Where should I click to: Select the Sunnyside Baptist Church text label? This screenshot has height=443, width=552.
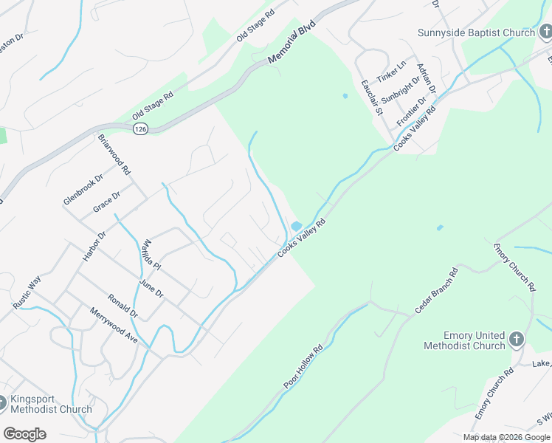coord(476,32)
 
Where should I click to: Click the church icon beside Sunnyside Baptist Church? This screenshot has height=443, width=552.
coord(545,32)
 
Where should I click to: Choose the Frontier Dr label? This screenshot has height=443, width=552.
coord(411,111)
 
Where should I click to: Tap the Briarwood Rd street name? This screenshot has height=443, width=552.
coord(114,154)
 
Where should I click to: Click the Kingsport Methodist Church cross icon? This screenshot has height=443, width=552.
coord(2,403)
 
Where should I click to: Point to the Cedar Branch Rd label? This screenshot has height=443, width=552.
coord(436,291)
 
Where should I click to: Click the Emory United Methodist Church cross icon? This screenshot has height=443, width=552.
coord(517,340)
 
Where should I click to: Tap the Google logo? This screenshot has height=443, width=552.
coord(24,434)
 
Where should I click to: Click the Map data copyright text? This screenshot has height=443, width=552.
coord(506,437)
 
